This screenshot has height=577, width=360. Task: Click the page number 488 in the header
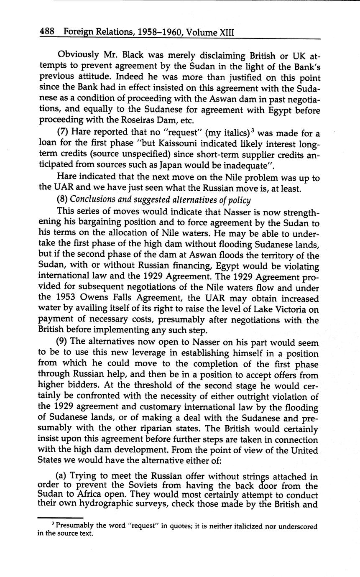(x=48, y=32)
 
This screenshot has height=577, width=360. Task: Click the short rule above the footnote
(x=54, y=517)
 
